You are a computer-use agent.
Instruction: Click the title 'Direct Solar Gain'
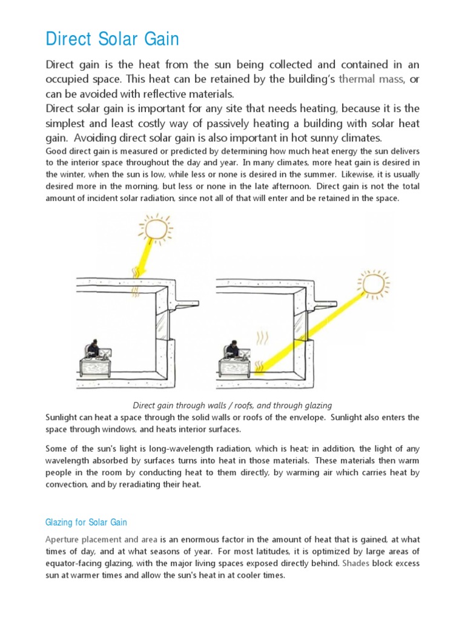click(113, 39)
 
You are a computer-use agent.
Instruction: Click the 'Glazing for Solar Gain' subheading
click(86, 522)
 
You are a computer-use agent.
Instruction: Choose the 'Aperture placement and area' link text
click(102, 539)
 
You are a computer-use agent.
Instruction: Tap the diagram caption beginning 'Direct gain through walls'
click(232, 405)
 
